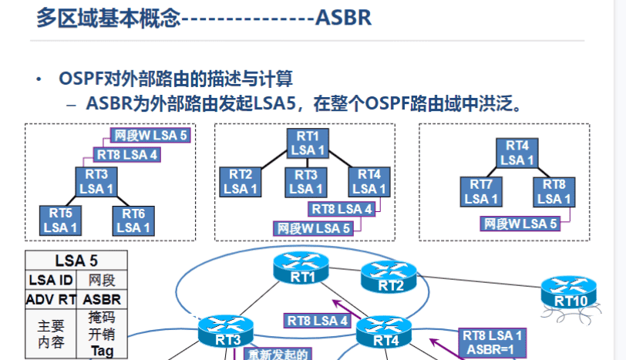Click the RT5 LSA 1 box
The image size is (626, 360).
pyautogui.click(x=61, y=220)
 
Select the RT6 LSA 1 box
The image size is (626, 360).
pyautogui.click(x=133, y=220)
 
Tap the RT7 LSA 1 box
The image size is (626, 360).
pyautogui.click(x=482, y=192)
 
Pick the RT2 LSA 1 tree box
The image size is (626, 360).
pyautogui.click(x=241, y=182)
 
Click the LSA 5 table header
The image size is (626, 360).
pyautogui.click(x=76, y=261)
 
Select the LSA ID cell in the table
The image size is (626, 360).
pyautogui.click(x=51, y=280)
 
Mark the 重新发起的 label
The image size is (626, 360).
pyautogui.click(x=278, y=355)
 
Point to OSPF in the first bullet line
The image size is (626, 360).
pyautogui.click(x=82, y=79)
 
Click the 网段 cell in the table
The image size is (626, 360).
pyautogui.click(x=102, y=280)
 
